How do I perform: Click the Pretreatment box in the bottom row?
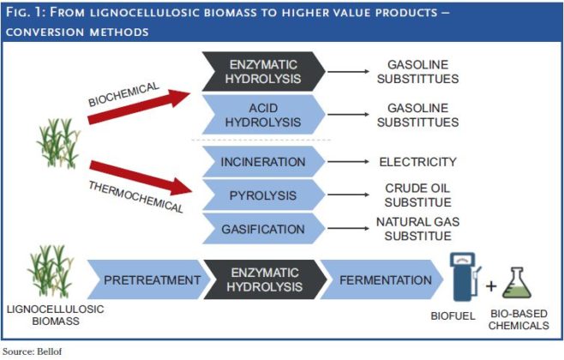151,280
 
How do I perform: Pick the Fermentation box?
385,280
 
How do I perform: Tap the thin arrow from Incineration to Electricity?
351,161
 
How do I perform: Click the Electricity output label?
417,161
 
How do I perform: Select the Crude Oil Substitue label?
417,196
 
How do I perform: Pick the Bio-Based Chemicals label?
523,321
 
